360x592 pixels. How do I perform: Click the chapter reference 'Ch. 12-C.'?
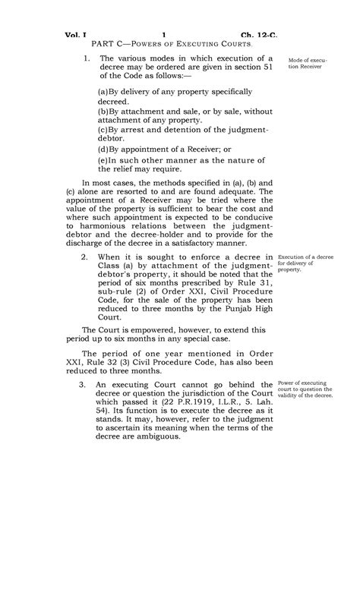[260, 35]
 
